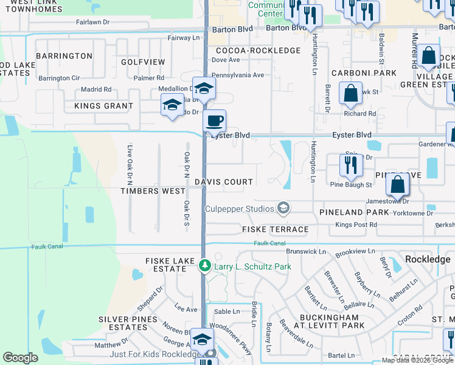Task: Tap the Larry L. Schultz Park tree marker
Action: tap(205, 266)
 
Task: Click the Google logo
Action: tap(20, 358)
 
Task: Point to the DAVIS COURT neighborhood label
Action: tap(224, 182)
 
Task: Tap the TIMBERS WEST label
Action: tap(153, 190)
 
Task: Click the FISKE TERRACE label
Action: tap(275, 229)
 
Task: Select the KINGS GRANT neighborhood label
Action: tap(103, 106)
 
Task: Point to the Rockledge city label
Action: tap(428, 259)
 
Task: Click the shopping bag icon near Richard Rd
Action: tap(351, 94)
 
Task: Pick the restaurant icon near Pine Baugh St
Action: tap(351, 164)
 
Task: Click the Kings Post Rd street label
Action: tap(356, 225)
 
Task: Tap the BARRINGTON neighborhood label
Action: tap(64, 56)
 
